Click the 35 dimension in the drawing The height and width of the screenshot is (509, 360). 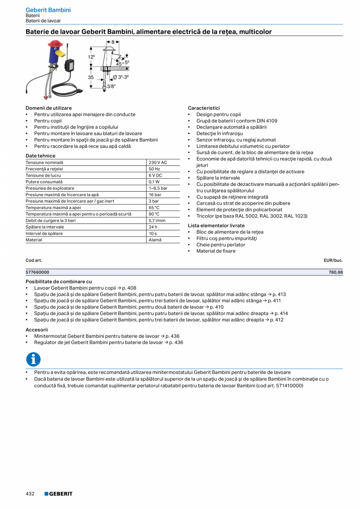91,77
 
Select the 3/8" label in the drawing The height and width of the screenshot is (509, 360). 112,86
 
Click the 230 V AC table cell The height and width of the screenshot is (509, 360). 158,162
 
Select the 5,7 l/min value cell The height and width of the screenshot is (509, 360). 157,221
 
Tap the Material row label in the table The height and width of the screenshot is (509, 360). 34,240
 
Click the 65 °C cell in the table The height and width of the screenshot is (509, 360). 154,208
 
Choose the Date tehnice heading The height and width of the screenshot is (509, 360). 40,156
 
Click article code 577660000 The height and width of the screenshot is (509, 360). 38,272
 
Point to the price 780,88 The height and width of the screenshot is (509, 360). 335,272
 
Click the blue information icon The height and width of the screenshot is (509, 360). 33,359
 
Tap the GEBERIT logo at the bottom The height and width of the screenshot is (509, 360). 58,494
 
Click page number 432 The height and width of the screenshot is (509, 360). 30,494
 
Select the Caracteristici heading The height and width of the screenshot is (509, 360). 203,108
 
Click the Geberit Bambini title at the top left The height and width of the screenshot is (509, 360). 48,10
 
